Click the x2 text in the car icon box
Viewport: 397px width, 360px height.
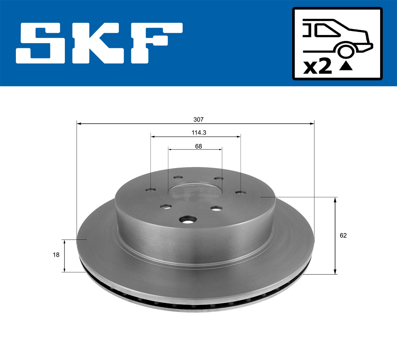(317, 67)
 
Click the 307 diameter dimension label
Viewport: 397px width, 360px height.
(198, 119)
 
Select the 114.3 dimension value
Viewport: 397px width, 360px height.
(199, 133)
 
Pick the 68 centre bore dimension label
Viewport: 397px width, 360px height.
(198, 146)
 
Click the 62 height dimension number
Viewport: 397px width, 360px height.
(343, 235)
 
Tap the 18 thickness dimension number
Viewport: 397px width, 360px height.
(56, 255)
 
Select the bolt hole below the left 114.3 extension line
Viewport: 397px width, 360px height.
(151, 190)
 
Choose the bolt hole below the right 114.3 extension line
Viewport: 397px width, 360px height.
(241, 192)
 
